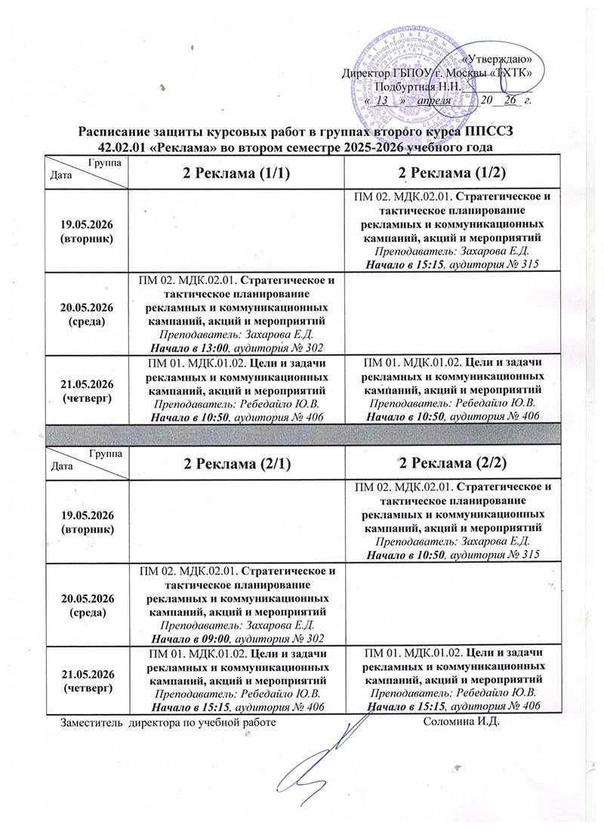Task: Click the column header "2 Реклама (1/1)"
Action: [236, 173]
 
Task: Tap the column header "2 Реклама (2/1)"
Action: [236, 463]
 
